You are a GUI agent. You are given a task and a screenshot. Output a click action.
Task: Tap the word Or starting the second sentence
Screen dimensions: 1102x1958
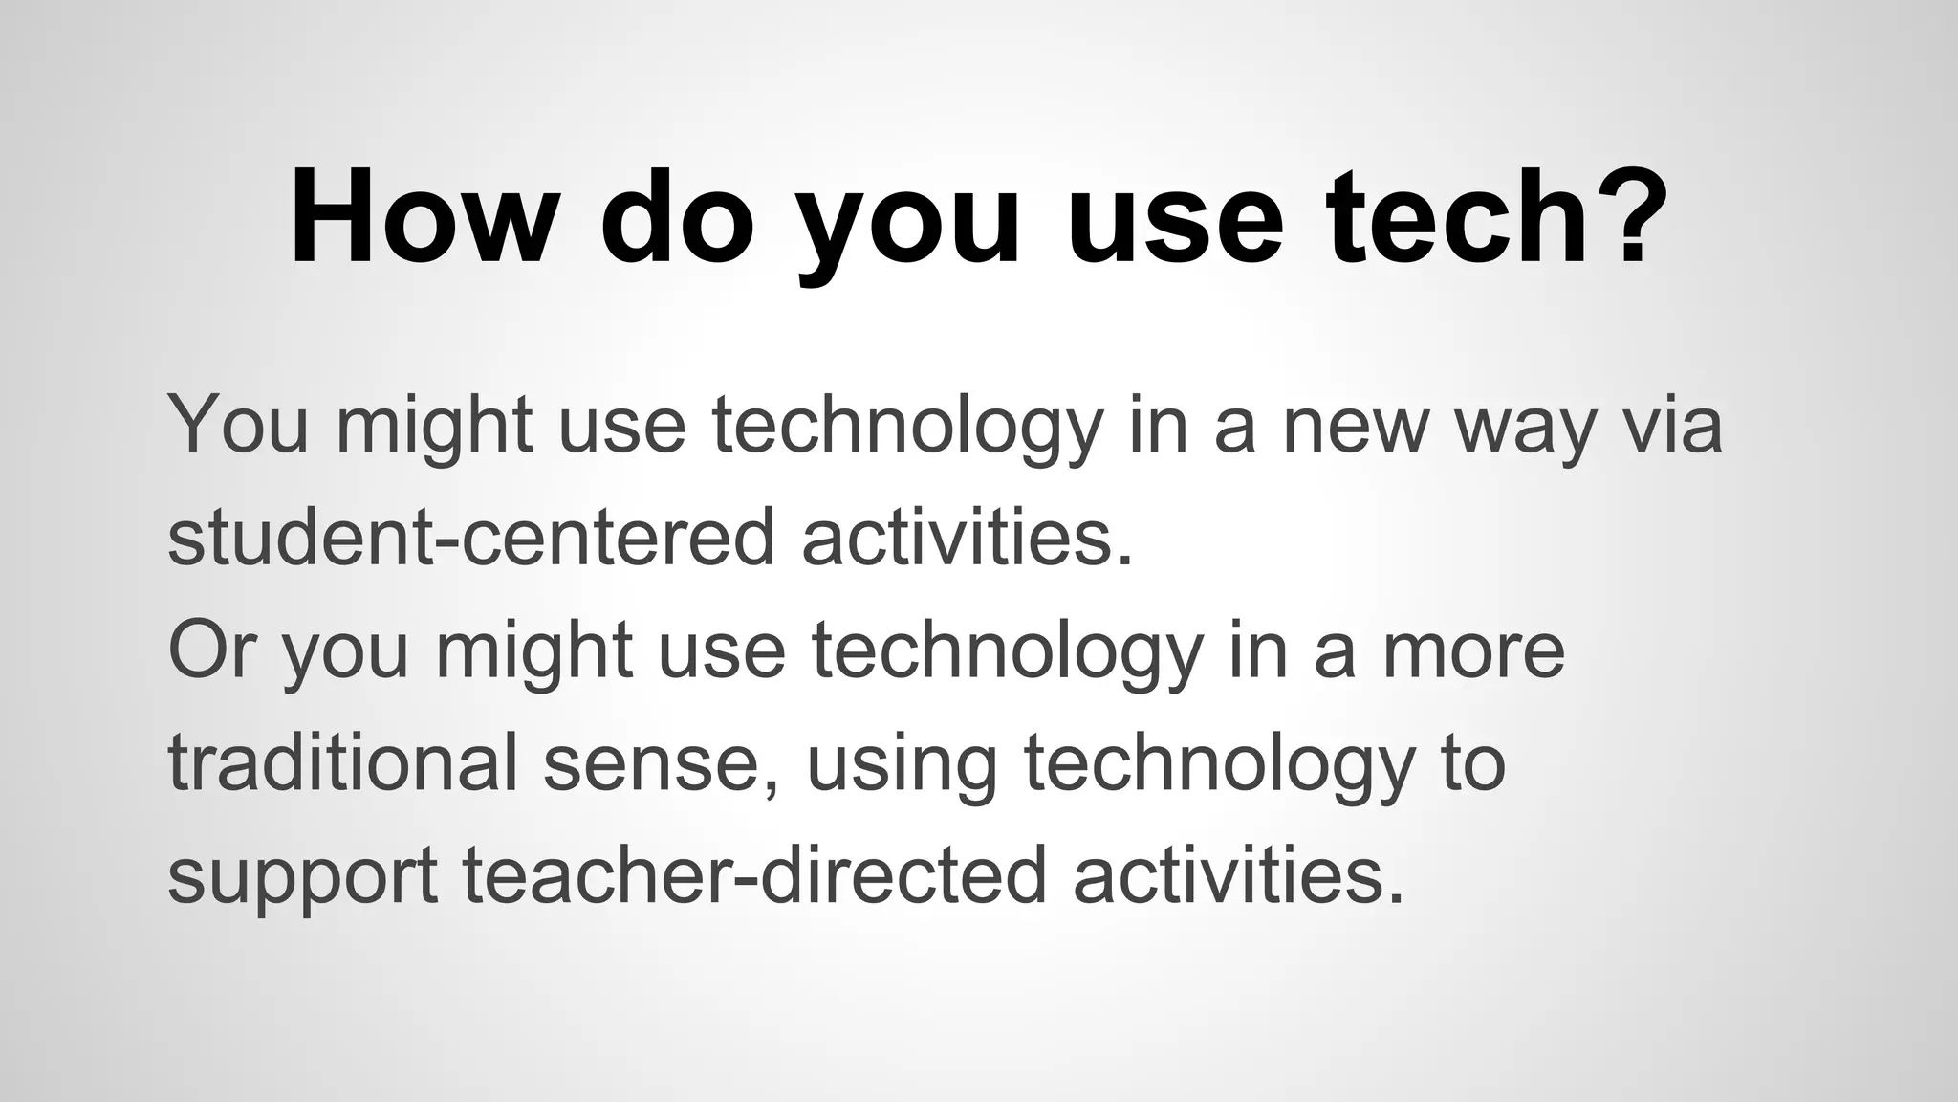211,650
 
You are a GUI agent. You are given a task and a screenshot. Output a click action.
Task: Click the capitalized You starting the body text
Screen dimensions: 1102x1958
238,426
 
